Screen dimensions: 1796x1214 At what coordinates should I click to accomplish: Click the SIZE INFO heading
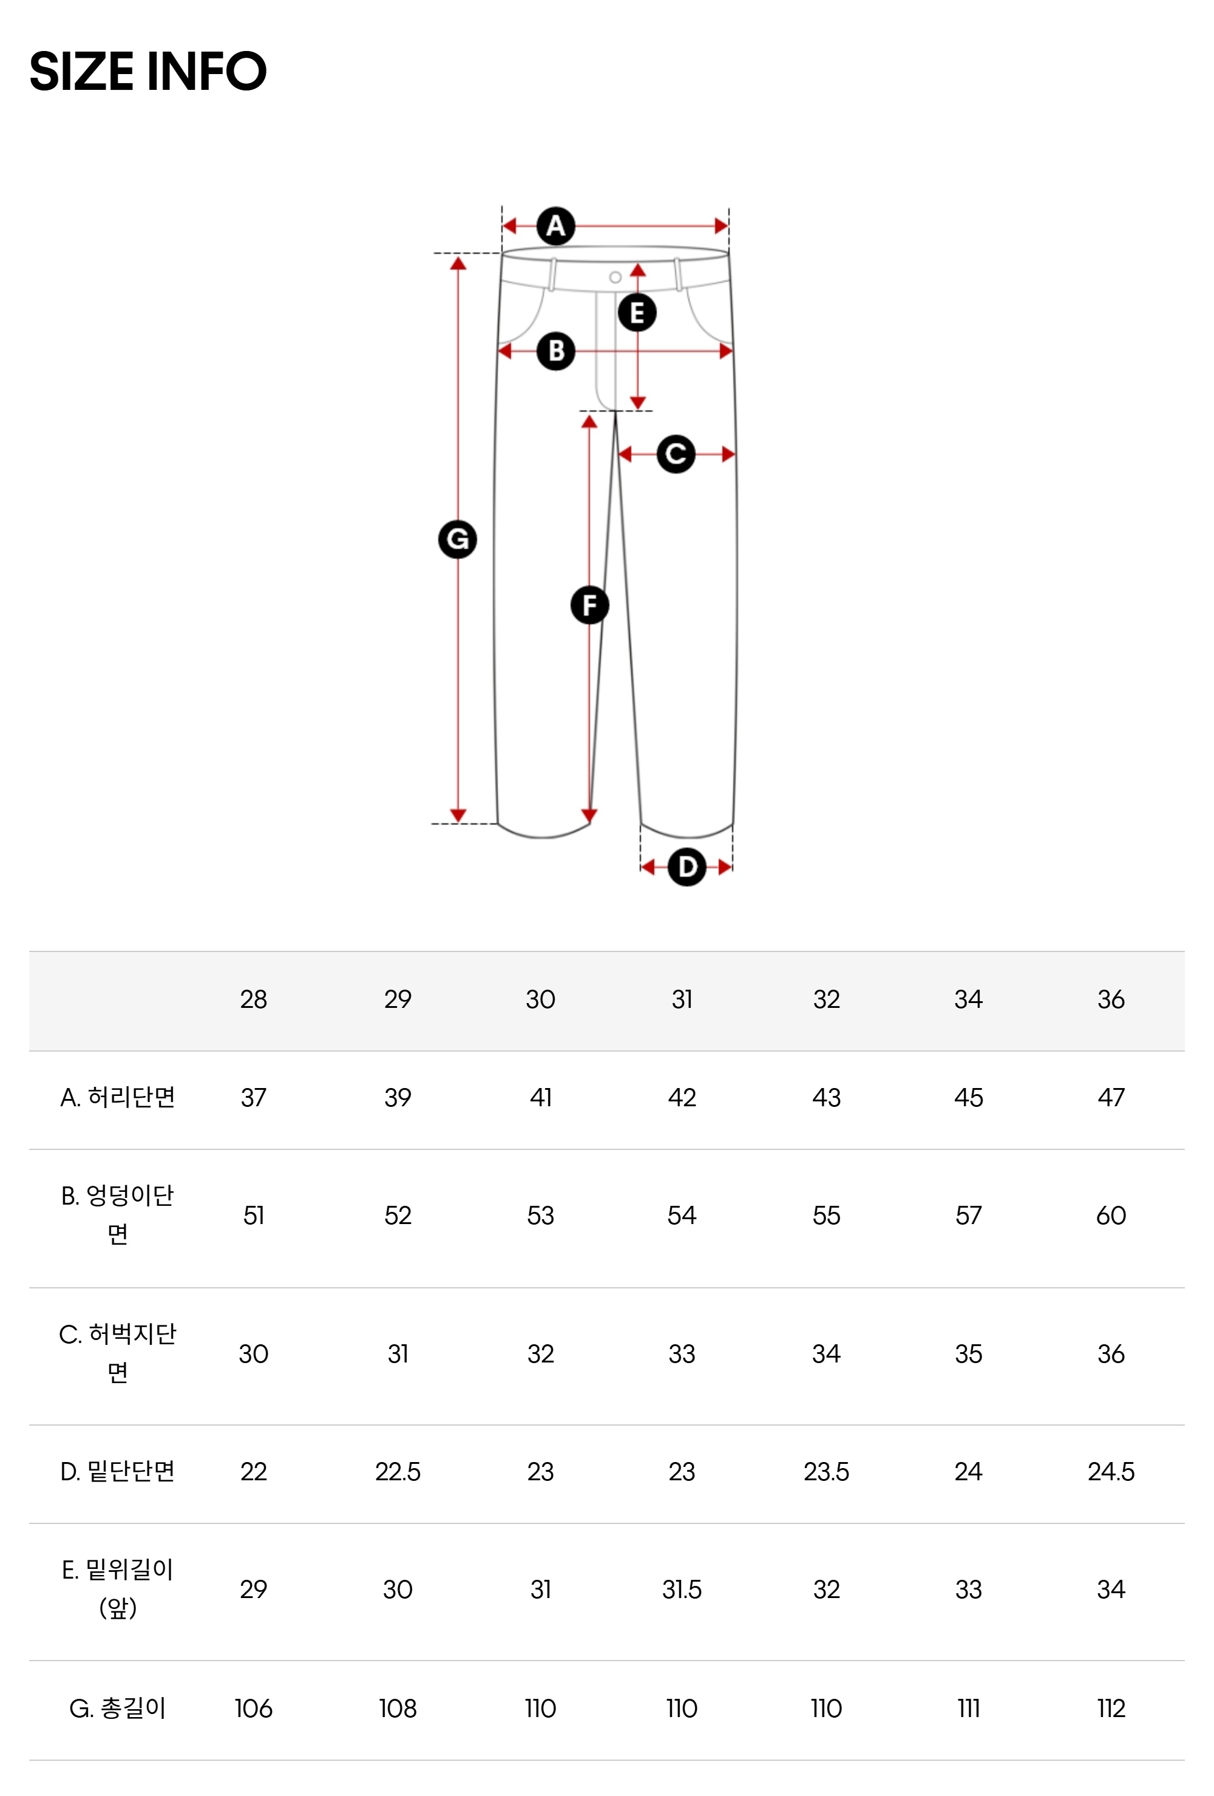coord(148,71)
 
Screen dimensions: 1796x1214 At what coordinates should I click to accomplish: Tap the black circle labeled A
coord(555,226)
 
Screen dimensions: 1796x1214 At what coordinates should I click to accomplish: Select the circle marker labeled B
coord(555,351)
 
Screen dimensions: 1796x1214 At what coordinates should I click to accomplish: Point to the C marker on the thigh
coord(676,454)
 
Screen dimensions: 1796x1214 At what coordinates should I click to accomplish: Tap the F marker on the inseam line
coord(589,605)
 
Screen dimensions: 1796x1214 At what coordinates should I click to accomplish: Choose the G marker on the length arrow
coord(458,539)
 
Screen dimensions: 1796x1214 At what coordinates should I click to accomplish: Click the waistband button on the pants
coord(615,277)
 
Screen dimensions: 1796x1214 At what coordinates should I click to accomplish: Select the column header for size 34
coord(968,999)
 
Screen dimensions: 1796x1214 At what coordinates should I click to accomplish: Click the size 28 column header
coord(254,999)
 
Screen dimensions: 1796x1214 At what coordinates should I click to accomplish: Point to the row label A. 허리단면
coord(118,1097)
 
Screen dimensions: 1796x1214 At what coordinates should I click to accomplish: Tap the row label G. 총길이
coord(118,1708)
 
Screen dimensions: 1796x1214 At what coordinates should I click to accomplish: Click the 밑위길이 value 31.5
coord(682,1590)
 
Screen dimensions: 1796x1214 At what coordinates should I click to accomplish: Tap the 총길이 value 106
coord(254,1708)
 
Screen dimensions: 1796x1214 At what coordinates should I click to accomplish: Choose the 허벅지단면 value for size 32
coord(826,1354)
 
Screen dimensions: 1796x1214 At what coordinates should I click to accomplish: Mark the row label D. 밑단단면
coord(118,1471)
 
